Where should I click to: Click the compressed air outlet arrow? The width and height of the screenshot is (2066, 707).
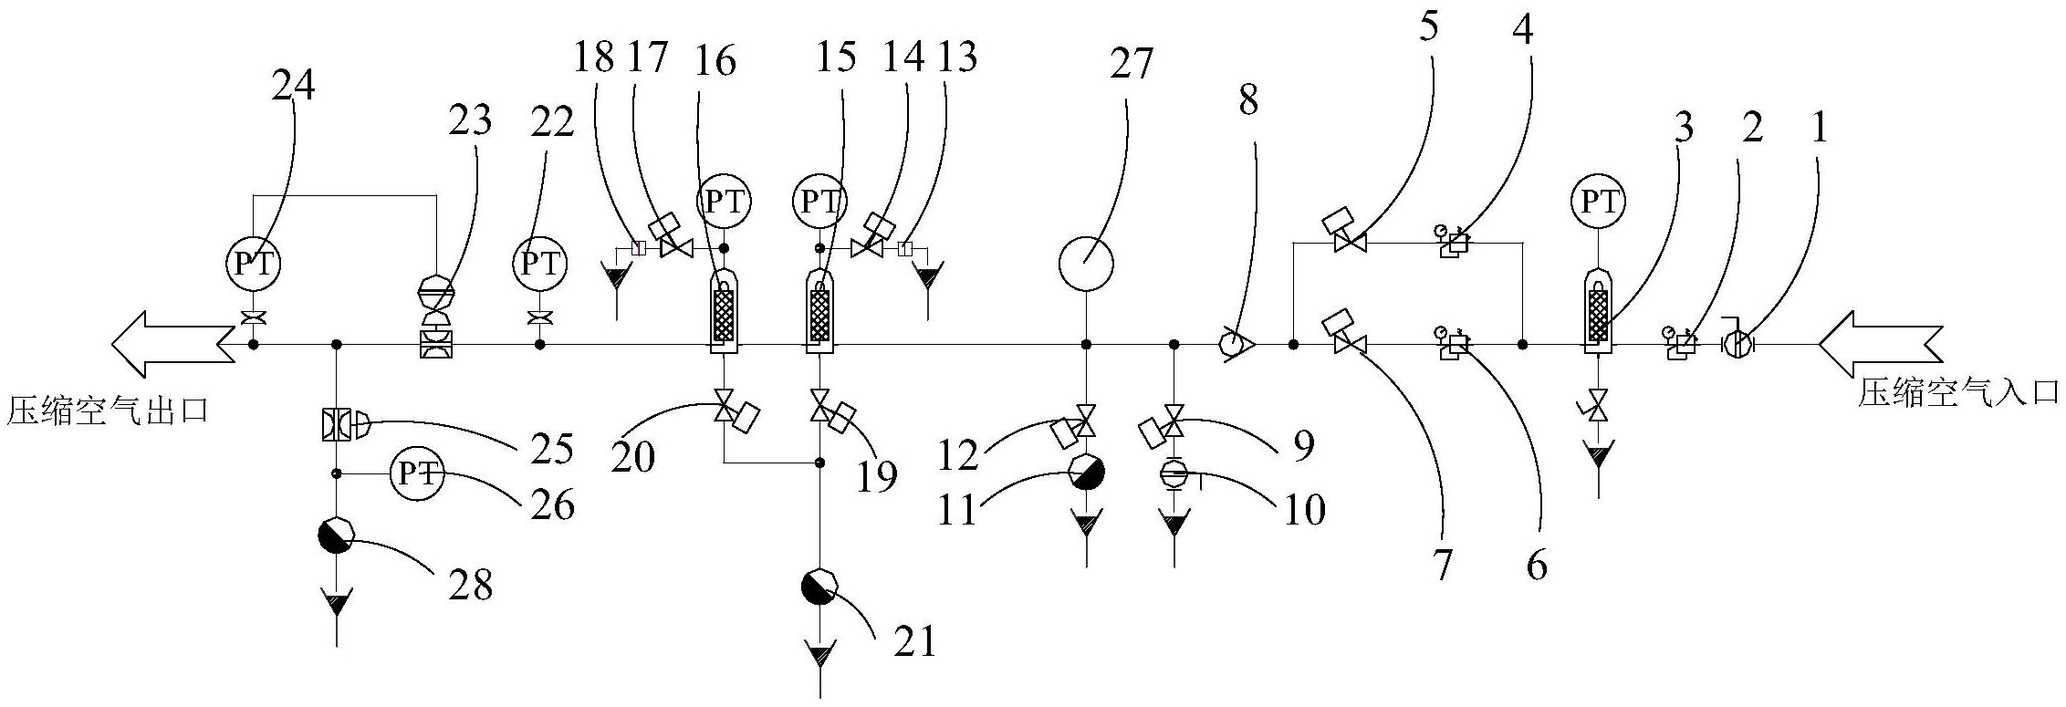coord(172,344)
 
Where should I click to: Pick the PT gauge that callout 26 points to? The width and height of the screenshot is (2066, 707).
coord(417,473)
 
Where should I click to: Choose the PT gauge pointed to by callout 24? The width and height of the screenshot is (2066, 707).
coord(253,264)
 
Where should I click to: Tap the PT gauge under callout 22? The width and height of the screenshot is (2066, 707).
coord(539,264)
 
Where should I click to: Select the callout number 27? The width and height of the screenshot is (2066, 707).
coord(1132,64)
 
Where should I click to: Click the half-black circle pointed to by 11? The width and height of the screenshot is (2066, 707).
coord(1086,473)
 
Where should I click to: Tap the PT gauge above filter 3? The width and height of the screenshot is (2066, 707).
coord(1598,202)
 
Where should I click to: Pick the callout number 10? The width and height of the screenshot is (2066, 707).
coord(1304,510)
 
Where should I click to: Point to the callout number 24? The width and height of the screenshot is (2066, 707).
coord(293,86)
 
